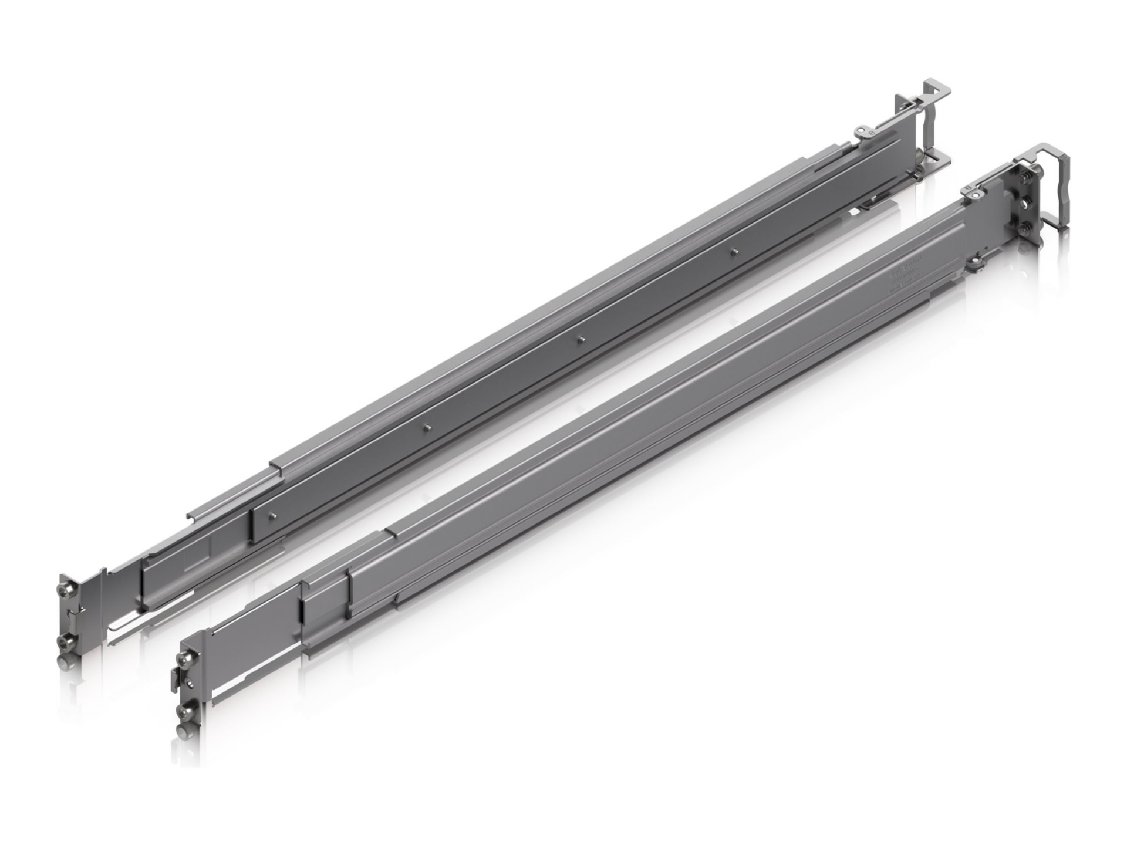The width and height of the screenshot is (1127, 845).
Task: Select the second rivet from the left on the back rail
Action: tap(427, 427)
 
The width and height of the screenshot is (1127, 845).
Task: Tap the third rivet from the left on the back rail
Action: tap(580, 339)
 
